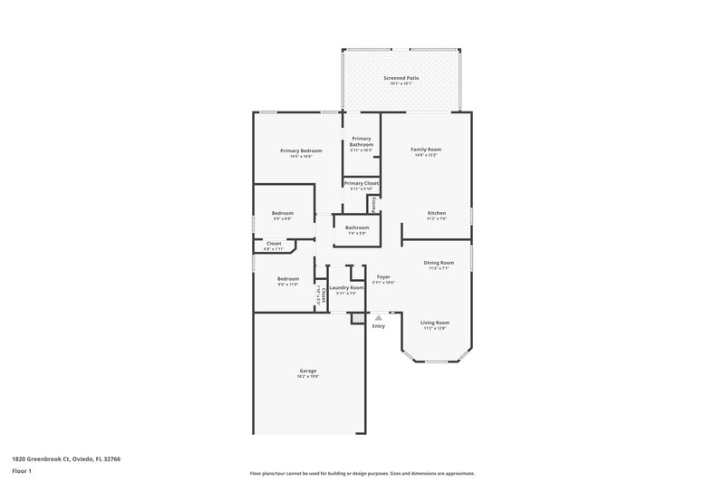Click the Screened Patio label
[x=401, y=78]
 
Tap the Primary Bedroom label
[x=301, y=150]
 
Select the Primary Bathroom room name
[x=362, y=141]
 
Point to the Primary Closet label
[x=362, y=183]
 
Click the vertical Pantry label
[x=372, y=204]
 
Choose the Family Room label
[x=425, y=149]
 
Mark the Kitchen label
[x=437, y=213]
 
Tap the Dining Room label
[x=439, y=263]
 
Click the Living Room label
[x=435, y=323]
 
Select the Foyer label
[x=383, y=276]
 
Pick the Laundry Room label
[x=346, y=288]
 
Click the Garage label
[x=308, y=371]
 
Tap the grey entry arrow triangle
[x=379, y=317]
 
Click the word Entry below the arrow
[x=379, y=326]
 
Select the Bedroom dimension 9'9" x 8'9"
[x=283, y=219]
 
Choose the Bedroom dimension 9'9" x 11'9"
[x=288, y=285]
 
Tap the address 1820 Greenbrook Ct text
[x=66, y=459]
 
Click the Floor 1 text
[x=21, y=472]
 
